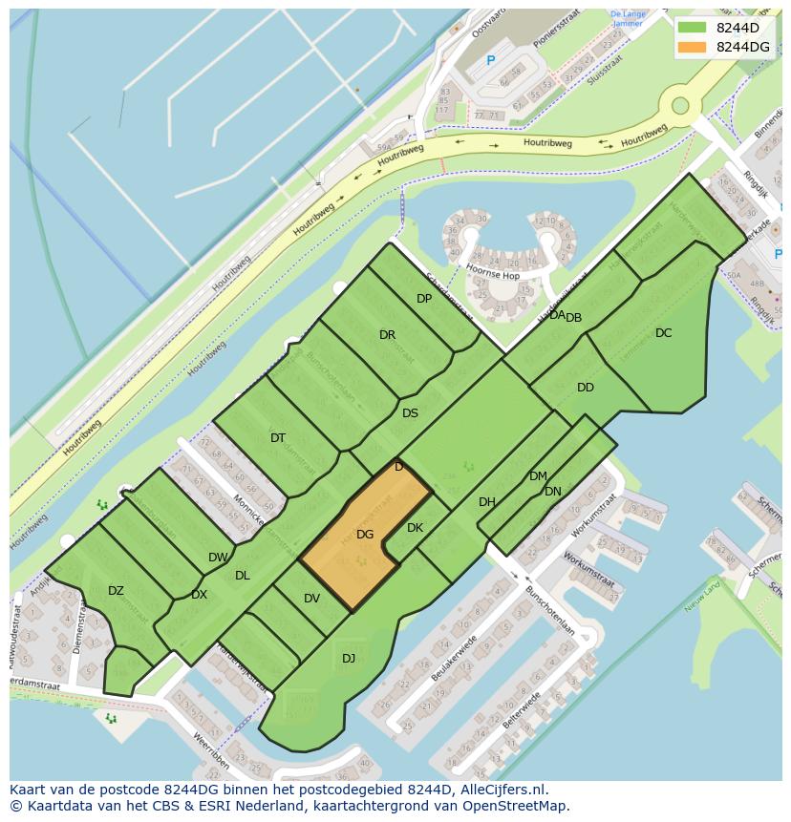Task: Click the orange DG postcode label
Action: click(365, 535)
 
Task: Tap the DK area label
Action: click(415, 528)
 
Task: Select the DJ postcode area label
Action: click(349, 658)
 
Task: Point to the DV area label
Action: click(311, 599)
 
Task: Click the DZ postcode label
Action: click(116, 591)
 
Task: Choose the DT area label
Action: click(278, 438)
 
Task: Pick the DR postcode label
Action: click(387, 335)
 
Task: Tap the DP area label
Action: click(424, 299)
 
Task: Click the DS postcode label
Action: click(410, 413)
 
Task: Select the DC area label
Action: click(664, 333)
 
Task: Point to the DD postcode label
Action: click(586, 388)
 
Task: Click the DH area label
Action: click(487, 502)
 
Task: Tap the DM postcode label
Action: click(538, 476)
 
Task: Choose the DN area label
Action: click(553, 492)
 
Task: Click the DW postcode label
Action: click(218, 558)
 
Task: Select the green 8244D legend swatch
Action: click(693, 28)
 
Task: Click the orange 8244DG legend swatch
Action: click(693, 47)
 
